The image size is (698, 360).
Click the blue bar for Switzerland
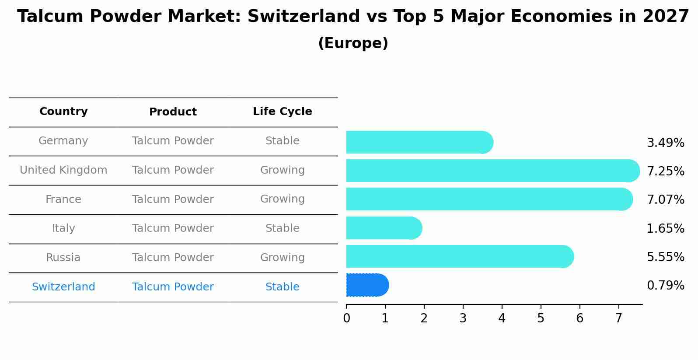pos(367,285)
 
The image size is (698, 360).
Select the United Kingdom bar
pos(492,171)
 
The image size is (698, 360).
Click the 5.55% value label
pos(665,257)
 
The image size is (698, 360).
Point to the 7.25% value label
pos(665,171)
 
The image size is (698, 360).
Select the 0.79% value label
pos(665,286)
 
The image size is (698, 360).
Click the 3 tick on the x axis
pos(463,318)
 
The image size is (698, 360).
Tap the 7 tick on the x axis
pos(618,318)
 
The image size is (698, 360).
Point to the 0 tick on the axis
pos(346,318)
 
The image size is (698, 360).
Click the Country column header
pos(63,112)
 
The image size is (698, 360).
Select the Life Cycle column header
pos(282,112)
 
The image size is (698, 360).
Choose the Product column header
pos(173,112)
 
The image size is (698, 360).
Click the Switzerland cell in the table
pos(63,287)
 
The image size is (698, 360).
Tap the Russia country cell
pos(63,258)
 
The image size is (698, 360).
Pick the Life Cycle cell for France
pos(282,199)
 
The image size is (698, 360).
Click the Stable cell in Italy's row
pos(282,228)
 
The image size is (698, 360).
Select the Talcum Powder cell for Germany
pos(173,141)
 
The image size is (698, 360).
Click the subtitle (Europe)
pos(353,43)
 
